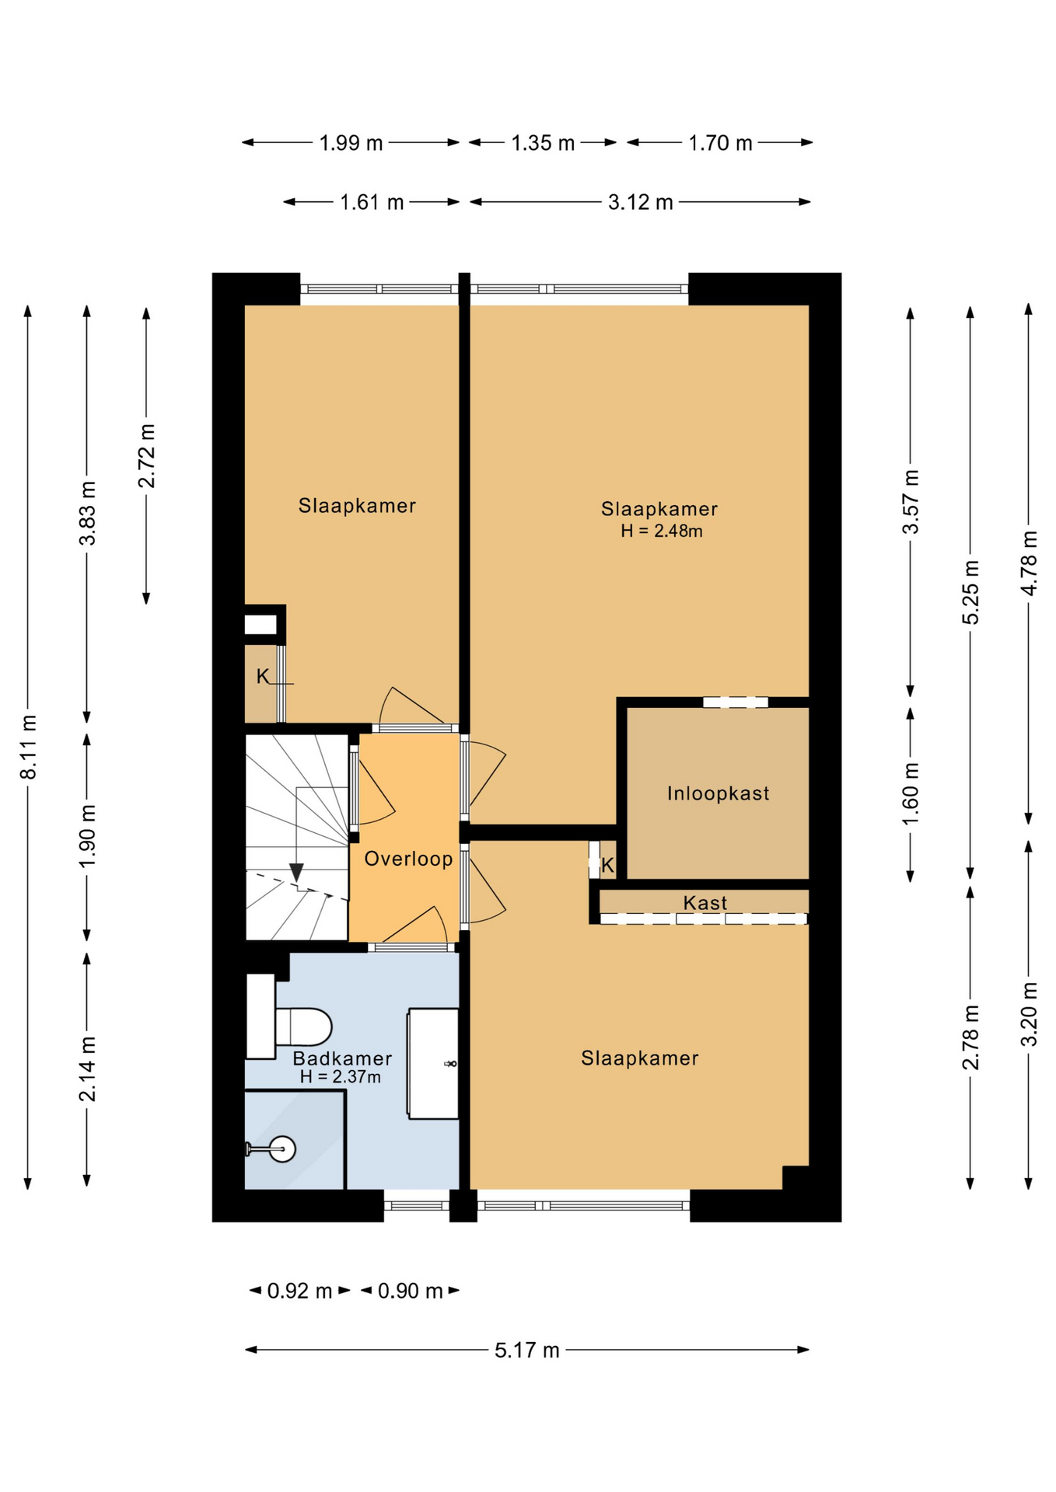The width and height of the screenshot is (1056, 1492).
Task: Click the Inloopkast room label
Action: [718, 793]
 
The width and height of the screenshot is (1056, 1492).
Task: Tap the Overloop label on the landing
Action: [408, 859]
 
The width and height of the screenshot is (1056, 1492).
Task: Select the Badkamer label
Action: [342, 1058]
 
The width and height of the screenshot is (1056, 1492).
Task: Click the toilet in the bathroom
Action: [303, 1027]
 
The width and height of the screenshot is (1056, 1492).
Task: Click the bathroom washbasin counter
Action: [433, 1063]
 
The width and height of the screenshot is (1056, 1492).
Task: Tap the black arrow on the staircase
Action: [296, 873]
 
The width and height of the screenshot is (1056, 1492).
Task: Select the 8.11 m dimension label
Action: [28, 747]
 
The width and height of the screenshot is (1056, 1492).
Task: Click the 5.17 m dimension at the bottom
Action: [527, 1350]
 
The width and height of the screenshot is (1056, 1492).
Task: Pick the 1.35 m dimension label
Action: [543, 143]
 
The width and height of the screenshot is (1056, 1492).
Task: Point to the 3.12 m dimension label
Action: [640, 202]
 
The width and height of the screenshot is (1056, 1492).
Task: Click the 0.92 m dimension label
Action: [299, 1291]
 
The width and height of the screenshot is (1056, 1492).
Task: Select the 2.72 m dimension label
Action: [146, 456]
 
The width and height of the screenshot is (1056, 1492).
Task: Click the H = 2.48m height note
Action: [662, 532]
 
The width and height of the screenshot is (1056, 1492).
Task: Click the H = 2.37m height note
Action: [341, 1077]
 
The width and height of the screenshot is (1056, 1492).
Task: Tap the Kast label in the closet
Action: [705, 903]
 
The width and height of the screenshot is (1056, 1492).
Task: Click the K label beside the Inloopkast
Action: [608, 865]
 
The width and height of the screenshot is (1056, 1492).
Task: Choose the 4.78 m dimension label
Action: [1029, 563]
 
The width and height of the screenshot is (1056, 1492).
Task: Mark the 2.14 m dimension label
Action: [87, 1069]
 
